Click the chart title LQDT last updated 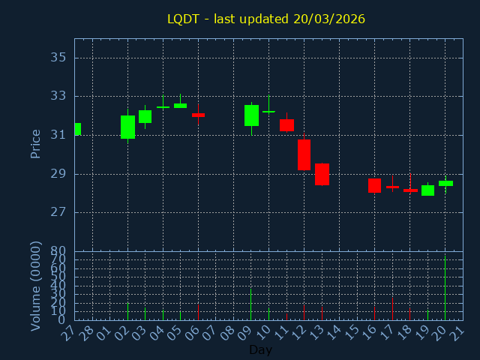pos(266,19)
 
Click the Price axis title pos(35,143)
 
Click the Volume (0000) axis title pos(35,286)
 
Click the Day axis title pos(260,349)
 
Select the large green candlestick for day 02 pos(127,127)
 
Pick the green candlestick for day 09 pos(251,115)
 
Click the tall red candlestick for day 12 pos(304,154)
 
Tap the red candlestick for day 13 pos(322,174)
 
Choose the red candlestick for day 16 pos(374,185)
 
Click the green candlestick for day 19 pos(427,190)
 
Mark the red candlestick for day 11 pos(286,125)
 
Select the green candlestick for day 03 pos(145,116)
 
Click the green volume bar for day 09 pos(251,304)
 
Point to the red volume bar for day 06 pos(198,312)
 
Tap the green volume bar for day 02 pos(127,311)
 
